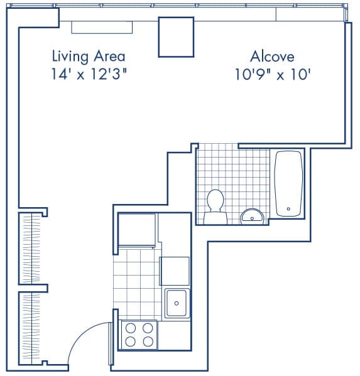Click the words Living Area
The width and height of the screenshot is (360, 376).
coord(88,56)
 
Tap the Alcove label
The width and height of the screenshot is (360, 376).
coord(272,56)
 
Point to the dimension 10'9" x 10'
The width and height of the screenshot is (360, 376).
coord(273,73)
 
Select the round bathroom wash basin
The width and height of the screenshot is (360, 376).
coord(253,216)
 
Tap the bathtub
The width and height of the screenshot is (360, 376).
coord(289,183)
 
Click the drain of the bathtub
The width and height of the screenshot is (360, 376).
coord(289,208)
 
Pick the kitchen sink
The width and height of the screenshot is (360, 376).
coord(177,304)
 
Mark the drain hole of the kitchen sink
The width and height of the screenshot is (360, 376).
coord(177,303)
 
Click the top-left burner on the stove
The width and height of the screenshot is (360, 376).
coord(131,328)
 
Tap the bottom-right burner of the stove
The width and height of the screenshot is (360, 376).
coord(148,341)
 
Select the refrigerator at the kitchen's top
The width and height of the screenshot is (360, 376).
coord(137,230)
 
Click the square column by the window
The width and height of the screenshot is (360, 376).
coord(175,36)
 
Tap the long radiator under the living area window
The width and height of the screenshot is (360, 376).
coord(102,27)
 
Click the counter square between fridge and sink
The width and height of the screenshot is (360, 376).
coord(175,271)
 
